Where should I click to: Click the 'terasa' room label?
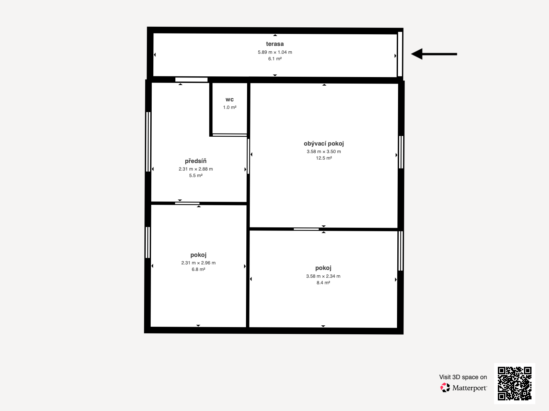275,44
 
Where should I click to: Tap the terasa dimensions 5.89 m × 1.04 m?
275,52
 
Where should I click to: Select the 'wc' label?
230,100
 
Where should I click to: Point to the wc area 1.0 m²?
230,107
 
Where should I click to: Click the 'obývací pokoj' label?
324,144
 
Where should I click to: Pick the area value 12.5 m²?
324,158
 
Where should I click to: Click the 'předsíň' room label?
196,161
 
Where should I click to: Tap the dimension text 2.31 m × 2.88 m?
196,169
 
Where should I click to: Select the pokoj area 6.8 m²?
198,269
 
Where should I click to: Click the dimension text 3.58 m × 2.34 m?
323,276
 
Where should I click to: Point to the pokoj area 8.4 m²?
323,283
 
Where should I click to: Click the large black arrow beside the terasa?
434,54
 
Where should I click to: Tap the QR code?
514,383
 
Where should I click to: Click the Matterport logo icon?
445,387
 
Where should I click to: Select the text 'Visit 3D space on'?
463,377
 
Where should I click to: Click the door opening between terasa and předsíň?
191,79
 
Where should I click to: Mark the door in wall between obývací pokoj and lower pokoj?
306,229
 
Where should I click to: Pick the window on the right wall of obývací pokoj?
401,152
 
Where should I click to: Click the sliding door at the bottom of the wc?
230,135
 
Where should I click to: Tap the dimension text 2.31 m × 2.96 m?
198,263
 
